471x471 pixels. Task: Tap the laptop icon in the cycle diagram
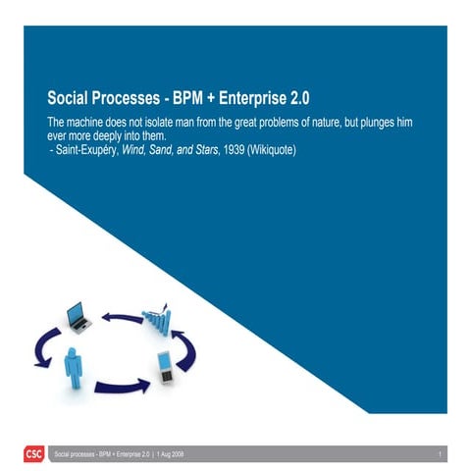tap(78, 317)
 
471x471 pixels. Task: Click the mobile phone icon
tap(167, 367)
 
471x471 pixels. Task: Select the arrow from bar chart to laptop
tap(122, 317)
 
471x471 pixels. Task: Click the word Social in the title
tap(72, 99)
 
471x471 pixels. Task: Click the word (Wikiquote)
tap(283, 152)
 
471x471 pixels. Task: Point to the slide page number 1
tap(442, 454)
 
